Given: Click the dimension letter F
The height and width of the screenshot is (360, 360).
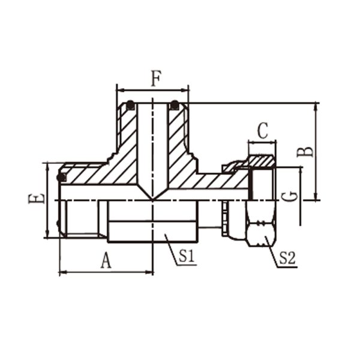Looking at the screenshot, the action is (156, 79).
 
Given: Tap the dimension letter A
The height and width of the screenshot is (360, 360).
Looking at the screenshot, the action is (106, 260).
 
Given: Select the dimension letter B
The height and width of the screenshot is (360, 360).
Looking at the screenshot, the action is (305, 152).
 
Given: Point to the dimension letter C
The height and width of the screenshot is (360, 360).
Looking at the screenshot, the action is (262, 131).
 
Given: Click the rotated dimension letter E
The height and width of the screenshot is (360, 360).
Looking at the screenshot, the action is (36, 199).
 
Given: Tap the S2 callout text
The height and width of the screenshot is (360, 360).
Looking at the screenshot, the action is (287, 258).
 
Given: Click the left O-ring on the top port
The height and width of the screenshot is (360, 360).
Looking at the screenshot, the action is (130, 105).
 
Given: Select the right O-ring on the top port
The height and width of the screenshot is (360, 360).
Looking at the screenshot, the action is (175, 105).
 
